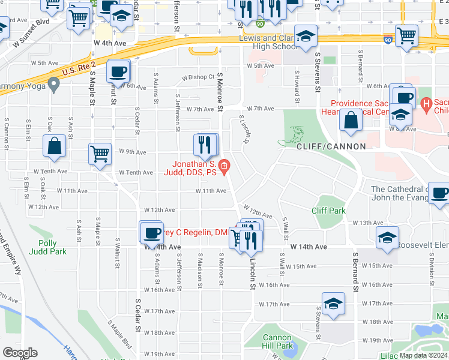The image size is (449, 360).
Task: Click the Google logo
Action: pos(20,353)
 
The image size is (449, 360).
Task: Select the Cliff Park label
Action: pos(328,211)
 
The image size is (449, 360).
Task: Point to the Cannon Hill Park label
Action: pos(278,341)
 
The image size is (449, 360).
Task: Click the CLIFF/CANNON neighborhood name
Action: pos(331,146)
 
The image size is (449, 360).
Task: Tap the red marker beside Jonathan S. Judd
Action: pos(224,166)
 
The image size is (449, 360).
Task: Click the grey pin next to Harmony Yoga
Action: pos(54,86)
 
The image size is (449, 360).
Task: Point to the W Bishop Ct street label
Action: pos(198,77)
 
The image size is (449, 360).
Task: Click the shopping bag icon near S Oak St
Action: pos(54,146)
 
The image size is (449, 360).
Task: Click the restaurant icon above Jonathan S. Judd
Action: pos(205,144)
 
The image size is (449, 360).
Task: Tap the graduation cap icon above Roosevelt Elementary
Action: pos(388,237)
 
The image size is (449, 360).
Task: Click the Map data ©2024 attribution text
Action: pos(424,355)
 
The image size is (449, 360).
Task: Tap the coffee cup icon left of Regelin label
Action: pos(151,232)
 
